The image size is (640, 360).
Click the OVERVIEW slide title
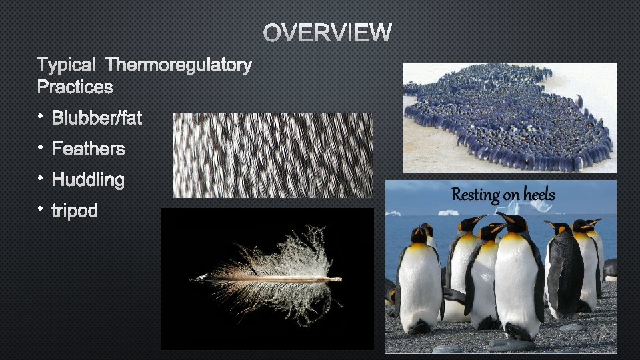[327, 32]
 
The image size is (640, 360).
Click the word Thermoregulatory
[179, 65]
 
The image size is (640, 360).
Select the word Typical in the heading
[67, 65]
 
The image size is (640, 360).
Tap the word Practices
[75, 87]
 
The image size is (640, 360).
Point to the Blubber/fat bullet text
[97, 119]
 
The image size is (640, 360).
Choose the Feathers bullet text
[88, 149]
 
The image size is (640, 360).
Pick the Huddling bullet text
[88, 180]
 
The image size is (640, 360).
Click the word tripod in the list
[75, 211]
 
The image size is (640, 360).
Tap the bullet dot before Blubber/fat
[41, 117]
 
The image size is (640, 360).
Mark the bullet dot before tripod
[41, 210]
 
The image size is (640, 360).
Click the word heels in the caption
[538, 195]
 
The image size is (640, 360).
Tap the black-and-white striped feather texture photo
[273, 155]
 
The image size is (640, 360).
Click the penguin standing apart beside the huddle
[579, 101]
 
